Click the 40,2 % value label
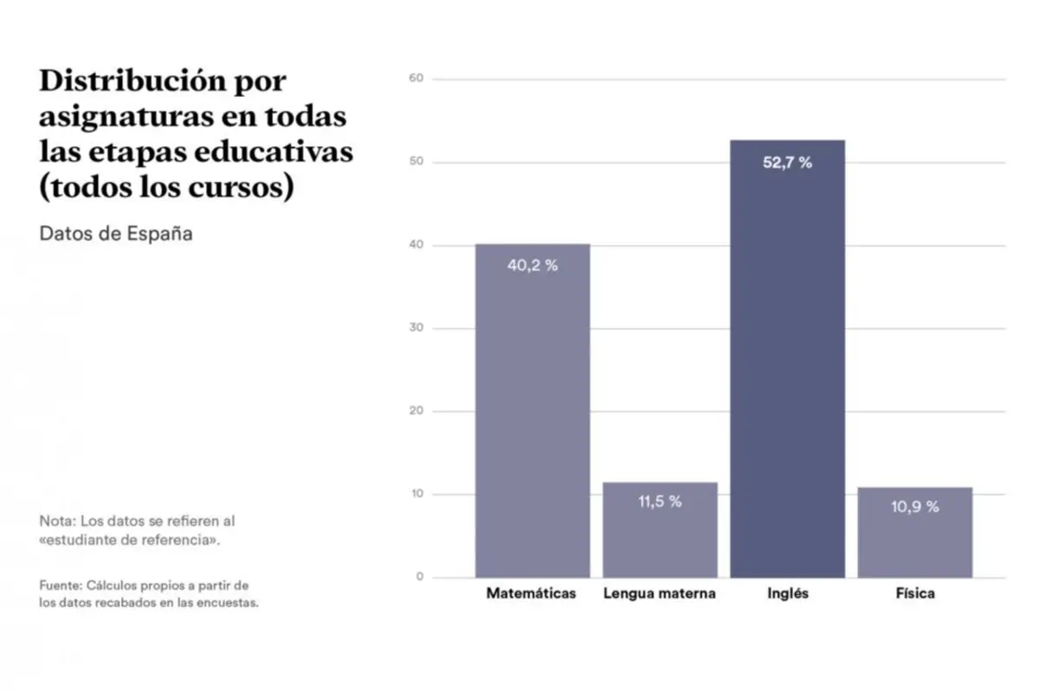[x=532, y=266]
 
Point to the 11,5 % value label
[x=660, y=502]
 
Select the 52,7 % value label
[x=787, y=163]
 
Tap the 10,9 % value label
[x=914, y=507]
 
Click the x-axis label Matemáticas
[x=531, y=594]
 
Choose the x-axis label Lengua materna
[x=659, y=594]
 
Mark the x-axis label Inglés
[x=787, y=594]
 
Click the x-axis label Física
[x=915, y=594]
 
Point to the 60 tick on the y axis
[x=416, y=79]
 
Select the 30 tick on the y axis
[x=416, y=329]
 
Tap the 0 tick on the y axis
[x=420, y=577]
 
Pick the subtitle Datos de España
[x=116, y=234]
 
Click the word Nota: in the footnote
[x=56, y=522]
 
